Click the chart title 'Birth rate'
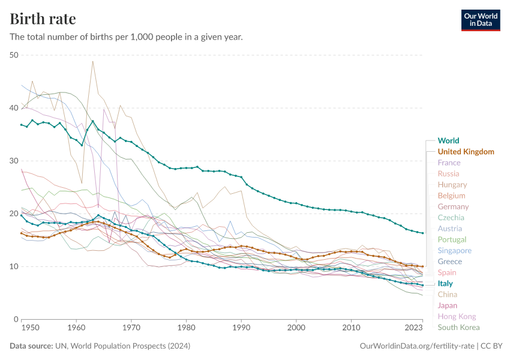click(43, 19)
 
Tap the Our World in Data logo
click(480, 19)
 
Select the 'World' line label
click(449, 141)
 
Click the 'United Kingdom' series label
click(466, 152)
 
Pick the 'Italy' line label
click(445, 283)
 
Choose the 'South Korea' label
click(459, 327)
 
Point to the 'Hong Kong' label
click(457, 316)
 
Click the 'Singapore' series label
click(455, 250)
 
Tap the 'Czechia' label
click(450, 218)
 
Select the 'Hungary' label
click(452, 185)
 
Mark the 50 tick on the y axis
click(14, 55)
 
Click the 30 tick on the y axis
click(14, 161)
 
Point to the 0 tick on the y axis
click(17, 319)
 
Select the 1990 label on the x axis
click(241, 328)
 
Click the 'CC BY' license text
click(491, 346)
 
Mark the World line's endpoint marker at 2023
click(422, 233)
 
